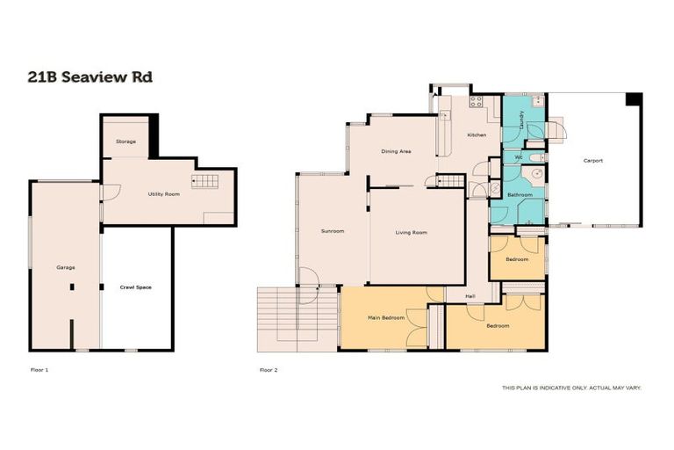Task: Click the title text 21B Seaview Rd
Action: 90,77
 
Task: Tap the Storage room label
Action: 126,142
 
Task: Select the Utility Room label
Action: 164,193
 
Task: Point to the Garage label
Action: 64,266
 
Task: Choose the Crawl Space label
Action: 136,287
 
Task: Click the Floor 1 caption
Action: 39,370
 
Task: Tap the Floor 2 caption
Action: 269,370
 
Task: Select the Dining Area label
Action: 396,151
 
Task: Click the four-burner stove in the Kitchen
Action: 477,101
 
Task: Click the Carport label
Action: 593,160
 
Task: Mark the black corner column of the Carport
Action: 634,99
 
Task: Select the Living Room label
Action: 411,232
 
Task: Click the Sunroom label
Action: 332,231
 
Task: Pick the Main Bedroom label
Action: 386,317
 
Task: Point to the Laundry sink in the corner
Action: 539,102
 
